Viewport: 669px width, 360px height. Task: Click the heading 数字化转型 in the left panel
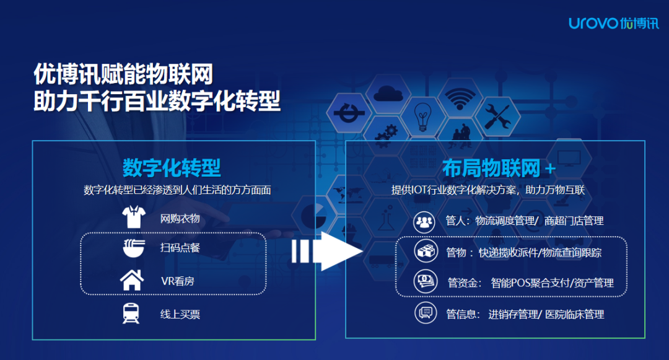pos(172,167)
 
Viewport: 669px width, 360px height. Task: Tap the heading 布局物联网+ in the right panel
pos(499,168)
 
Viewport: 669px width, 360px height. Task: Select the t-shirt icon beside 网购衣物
pos(133,218)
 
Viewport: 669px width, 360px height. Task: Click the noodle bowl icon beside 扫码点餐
pos(133,248)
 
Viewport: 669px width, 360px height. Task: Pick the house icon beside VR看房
pos(132,281)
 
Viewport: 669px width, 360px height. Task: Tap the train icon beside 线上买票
pos(132,314)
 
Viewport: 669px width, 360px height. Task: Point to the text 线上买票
pos(180,314)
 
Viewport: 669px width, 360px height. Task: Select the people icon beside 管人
pos(425,221)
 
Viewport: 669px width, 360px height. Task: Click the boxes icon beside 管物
pos(425,251)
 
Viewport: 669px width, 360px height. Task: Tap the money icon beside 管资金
pos(425,282)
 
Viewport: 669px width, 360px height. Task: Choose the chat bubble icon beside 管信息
pos(425,313)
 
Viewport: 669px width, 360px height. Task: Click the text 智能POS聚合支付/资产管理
pos(552,283)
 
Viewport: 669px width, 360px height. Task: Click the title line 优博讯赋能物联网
pos(124,75)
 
